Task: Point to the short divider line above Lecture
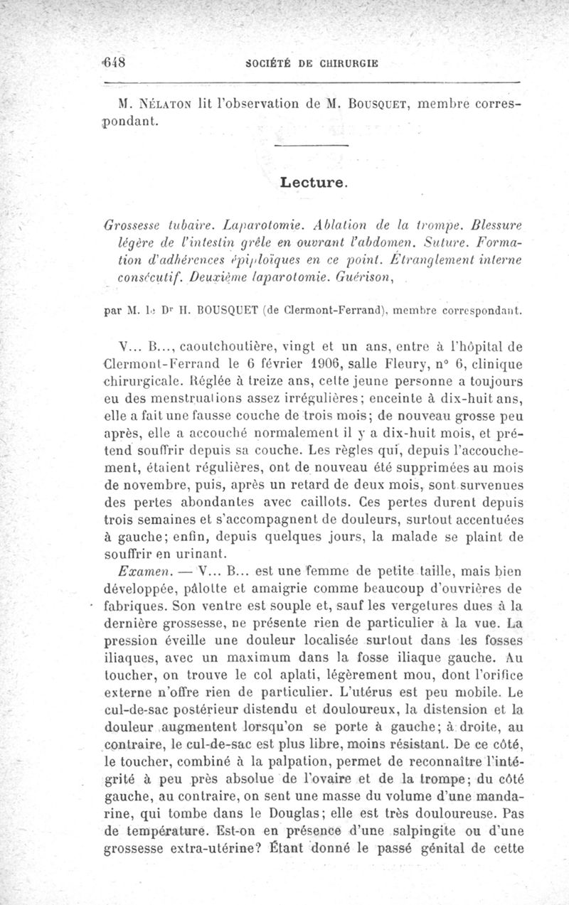point(312,146)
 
